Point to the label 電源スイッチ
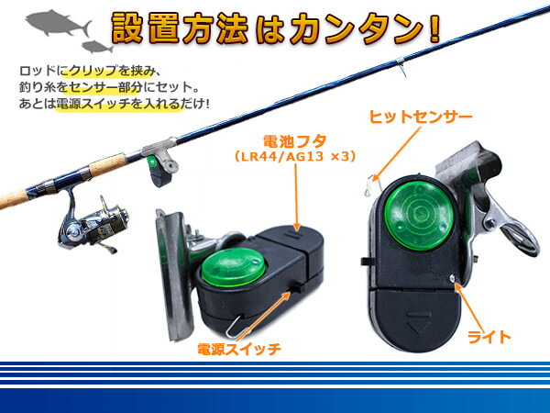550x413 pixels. point(238,349)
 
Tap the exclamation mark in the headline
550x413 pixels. point(433,28)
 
